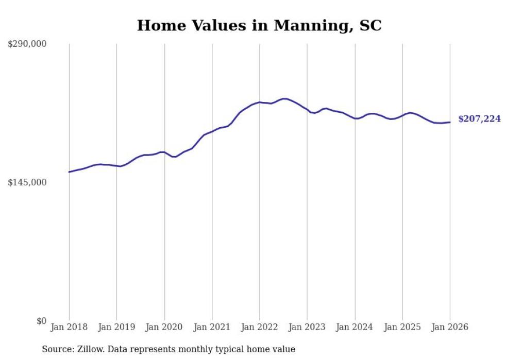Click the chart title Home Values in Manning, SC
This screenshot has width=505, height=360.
259,26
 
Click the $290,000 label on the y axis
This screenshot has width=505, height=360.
27,44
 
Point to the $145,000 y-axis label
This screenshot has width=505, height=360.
27,182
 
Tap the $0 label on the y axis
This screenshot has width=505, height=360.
41,321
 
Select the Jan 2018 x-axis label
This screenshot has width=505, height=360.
69,327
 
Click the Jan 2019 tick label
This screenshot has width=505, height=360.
117,327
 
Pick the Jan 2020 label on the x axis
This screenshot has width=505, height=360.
164,327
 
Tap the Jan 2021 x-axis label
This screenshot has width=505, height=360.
212,327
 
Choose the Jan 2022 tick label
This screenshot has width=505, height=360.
260,327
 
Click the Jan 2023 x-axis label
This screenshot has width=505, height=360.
307,327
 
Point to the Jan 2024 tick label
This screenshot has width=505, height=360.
355,327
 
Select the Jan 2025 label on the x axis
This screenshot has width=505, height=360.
402,327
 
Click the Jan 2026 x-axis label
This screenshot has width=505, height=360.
450,327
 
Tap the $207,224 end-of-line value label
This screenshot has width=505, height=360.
479,119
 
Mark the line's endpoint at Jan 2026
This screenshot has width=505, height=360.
450,122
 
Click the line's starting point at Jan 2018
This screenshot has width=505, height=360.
69,172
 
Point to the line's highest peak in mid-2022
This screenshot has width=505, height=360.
284,98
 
